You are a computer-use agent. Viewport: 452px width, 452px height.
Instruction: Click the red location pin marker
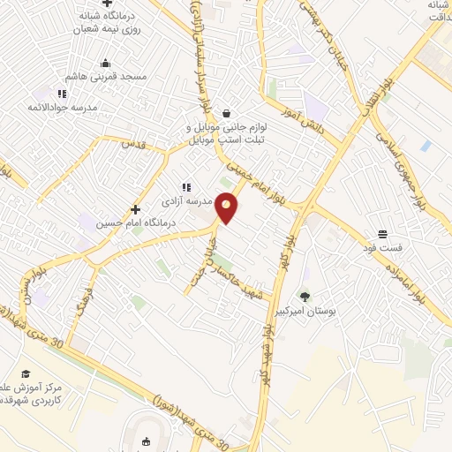(x=227, y=208)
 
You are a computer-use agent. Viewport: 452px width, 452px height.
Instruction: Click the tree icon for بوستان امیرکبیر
(x=305, y=297)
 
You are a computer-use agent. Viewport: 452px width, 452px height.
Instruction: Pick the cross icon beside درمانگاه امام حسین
(x=135, y=209)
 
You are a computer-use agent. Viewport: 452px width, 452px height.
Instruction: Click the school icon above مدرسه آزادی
(x=185, y=187)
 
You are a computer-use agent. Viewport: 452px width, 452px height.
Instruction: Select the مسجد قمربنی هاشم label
(x=106, y=78)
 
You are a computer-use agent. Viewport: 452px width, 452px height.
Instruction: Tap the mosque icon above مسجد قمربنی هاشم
(x=106, y=64)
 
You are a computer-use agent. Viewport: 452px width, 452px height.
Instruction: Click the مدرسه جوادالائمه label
(x=61, y=107)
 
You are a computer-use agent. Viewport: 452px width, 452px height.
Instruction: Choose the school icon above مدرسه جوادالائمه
(x=61, y=93)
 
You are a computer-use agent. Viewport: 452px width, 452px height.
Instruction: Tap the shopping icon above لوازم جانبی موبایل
(x=228, y=113)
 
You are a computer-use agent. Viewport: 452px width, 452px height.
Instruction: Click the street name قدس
(x=132, y=143)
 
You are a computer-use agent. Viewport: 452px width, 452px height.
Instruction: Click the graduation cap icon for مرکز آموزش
(x=26, y=374)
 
